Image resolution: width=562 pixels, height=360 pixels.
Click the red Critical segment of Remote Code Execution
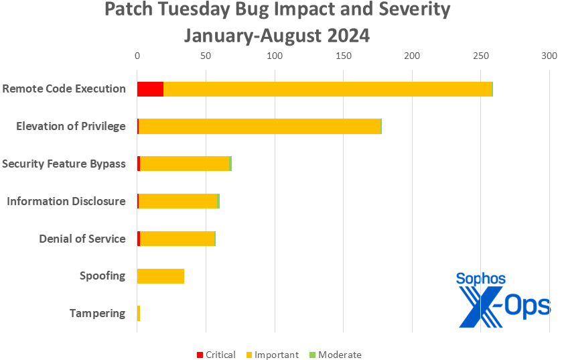pyautogui.click(x=150, y=88)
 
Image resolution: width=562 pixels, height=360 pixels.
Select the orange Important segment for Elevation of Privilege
pyautogui.click(x=259, y=126)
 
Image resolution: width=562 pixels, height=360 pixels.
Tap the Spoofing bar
pyautogui.click(x=160, y=276)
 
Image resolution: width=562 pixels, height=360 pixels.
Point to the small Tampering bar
pyautogui.click(x=139, y=313)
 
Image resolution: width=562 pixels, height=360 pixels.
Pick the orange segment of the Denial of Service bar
pyautogui.click(x=178, y=239)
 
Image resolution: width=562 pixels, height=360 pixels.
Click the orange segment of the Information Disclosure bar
pyautogui.click(x=178, y=201)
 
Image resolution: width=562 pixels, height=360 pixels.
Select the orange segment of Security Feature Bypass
pyautogui.click(x=184, y=164)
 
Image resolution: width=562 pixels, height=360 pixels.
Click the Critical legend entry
pyautogui.click(x=216, y=355)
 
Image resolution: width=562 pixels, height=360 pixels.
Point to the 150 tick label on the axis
pyautogui.click(x=343, y=56)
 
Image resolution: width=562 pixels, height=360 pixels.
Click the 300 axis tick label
pyautogui.click(x=549, y=56)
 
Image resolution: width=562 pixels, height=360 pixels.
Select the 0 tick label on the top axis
pyautogui.click(x=137, y=56)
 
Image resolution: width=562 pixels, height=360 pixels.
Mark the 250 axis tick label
pyautogui.click(x=480, y=56)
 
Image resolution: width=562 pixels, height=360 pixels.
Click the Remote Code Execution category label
pyautogui.click(x=64, y=88)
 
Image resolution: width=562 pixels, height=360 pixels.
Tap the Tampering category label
pyautogui.click(x=97, y=313)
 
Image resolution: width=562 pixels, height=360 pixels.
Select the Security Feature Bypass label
pyautogui.click(x=64, y=164)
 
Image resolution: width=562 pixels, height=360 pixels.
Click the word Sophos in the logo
pyautogui.click(x=480, y=278)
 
